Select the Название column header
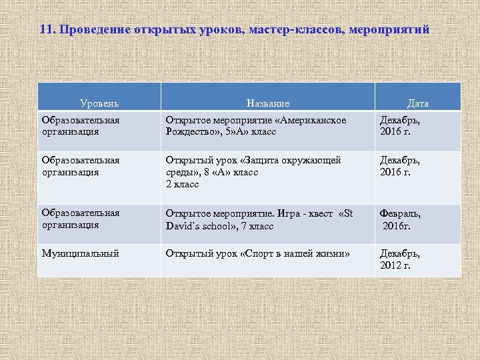click(267, 103)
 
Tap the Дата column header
click(418, 103)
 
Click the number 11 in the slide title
click(46, 31)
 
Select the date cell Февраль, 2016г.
click(400, 219)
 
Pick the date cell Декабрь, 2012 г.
click(400, 259)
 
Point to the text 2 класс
click(182, 184)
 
